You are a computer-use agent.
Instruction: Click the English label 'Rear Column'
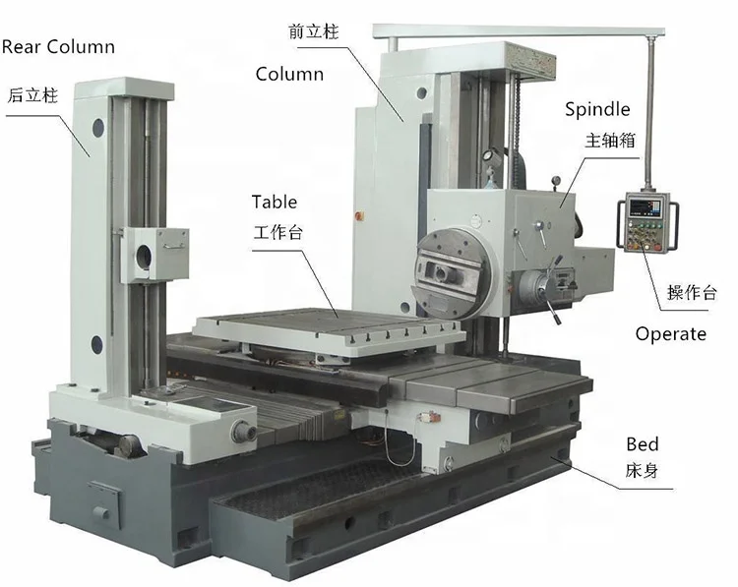(58, 46)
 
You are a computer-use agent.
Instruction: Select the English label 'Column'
(289, 74)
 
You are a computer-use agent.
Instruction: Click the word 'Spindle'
(597, 109)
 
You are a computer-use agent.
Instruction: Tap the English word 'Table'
(274, 203)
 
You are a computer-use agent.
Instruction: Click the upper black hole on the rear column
(98, 127)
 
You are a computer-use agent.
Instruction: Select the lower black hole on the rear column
(97, 343)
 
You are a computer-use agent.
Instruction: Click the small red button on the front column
(365, 214)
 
